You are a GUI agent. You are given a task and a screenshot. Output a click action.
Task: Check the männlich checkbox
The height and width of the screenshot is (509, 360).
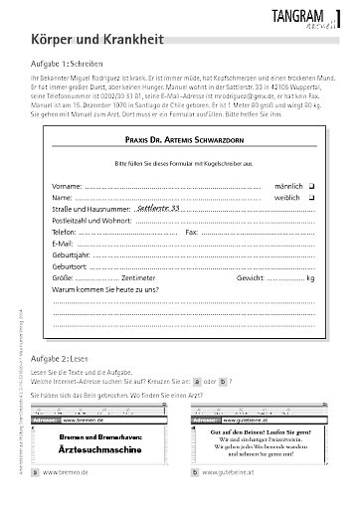[x=310, y=185]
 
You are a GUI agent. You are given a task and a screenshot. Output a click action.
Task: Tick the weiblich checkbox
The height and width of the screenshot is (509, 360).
[x=310, y=198]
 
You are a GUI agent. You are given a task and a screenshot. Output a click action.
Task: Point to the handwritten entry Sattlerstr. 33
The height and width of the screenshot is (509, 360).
[x=159, y=210]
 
